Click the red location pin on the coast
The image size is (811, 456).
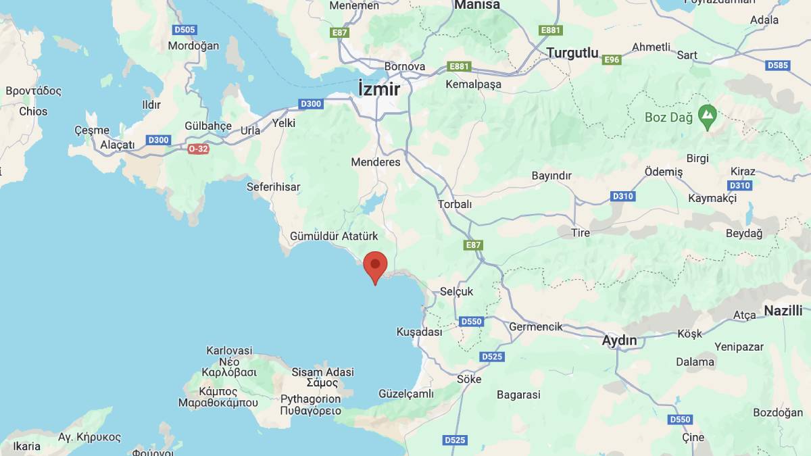click(x=375, y=265)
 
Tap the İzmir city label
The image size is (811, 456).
click(x=379, y=89)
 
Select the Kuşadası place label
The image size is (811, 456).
click(x=419, y=332)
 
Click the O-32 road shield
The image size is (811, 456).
click(x=198, y=149)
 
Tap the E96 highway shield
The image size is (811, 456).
click(x=612, y=59)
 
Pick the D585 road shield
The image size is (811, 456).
click(x=778, y=66)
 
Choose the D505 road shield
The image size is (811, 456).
click(x=185, y=30)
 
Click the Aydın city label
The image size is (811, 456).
click(x=619, y=340)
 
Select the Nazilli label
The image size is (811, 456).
click(x=783, y=311)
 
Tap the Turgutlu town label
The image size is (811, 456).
click(x=572, y=53)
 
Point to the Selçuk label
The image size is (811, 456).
click(x=457, y=291)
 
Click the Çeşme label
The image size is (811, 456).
click(x=91, y=130)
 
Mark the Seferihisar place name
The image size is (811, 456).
click(x=273, y=187)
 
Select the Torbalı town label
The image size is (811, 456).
click(x=455, y=203)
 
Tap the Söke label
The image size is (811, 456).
click(x=469, y=379)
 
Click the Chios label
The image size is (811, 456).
click(x=33, y=111)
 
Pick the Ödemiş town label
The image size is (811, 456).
click(x=664, y=172)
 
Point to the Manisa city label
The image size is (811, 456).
click(x=477, y=5)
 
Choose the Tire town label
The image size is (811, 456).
click(x=580, y=232)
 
